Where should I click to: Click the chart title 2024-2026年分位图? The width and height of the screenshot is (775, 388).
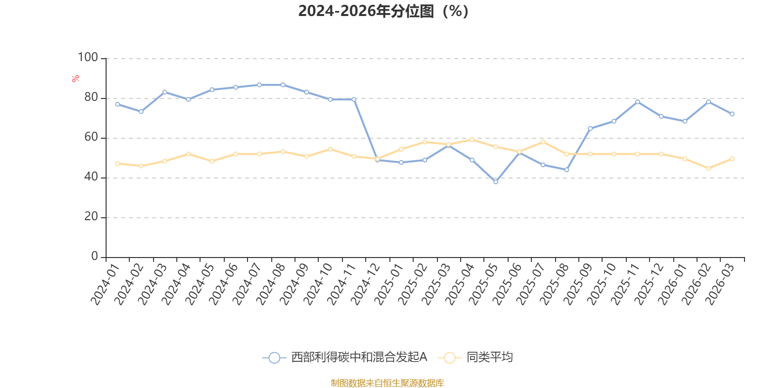[383, 11]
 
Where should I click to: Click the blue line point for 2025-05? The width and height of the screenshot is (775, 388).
[496, 182]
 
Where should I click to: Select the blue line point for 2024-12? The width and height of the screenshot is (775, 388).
[377, 160]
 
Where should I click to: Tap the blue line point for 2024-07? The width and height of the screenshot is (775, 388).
[259, 85]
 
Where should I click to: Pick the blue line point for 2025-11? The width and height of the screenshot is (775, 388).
[637, 102]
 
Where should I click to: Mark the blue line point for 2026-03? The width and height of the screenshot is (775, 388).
[732, 114]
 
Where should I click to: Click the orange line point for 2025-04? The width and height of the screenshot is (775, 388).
[472, 140]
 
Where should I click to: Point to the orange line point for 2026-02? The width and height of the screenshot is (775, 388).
[708, 168]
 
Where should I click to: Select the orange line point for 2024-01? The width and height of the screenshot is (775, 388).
[117, 163]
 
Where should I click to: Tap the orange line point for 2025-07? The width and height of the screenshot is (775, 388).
[542, 142]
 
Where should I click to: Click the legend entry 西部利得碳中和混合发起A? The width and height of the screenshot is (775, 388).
[345, 357]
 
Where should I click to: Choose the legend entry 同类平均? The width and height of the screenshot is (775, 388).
[475, 357]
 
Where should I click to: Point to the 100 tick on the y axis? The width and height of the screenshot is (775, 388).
[88, 58]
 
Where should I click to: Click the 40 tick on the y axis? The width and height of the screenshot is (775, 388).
[91, 177]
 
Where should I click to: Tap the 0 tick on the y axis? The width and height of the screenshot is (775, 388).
[94, 257]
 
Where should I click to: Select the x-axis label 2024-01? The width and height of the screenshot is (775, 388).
[105, 284]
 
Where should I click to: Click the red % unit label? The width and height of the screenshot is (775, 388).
[75, 79]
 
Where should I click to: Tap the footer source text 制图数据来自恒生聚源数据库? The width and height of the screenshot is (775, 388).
[387, 383]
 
